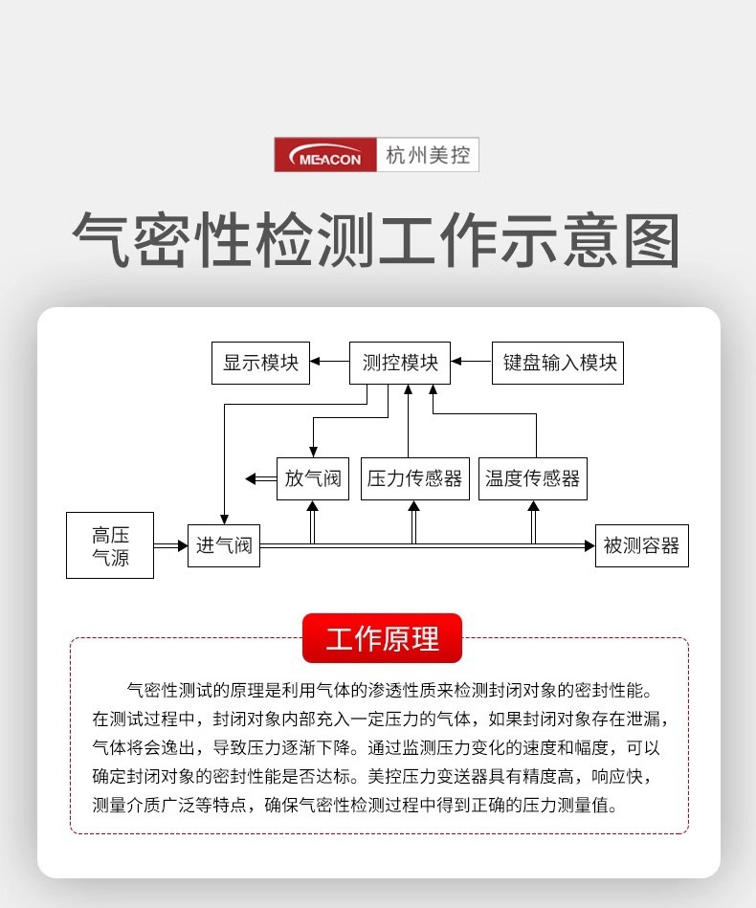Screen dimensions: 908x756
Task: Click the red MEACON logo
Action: [x=327, y=155]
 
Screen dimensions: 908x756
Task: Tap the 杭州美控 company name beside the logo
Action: [x=429, y=155]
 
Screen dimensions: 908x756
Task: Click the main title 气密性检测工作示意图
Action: [x=377, y=239]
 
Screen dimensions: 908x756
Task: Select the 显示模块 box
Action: [x=261, y=364]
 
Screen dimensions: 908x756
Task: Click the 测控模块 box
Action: [x=401, y=364]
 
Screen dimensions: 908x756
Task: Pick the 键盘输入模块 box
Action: [x=558, y=364]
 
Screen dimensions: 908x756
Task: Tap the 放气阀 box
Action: [x=313, y=477]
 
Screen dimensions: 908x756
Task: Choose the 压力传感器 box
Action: [x=414, y=477]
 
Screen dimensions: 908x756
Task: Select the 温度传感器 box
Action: [x=532, y=477]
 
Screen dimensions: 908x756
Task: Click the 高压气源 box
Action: [x=110, y=545]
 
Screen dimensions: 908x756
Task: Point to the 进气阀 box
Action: [x=224, y=545]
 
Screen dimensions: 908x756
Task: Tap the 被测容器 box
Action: [x=641, y=545]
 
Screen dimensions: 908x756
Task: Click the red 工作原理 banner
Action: [x=382, y=638]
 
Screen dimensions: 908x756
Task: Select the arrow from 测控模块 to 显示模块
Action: [x=329, y=363]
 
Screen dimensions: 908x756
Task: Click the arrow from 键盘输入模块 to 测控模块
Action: [x=472, y=363]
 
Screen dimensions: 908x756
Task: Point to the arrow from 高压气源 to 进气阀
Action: [x=170, y=545]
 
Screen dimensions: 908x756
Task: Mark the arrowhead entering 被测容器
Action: [x=589, y=545]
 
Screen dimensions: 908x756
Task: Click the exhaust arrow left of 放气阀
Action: [x=259, y=477]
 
